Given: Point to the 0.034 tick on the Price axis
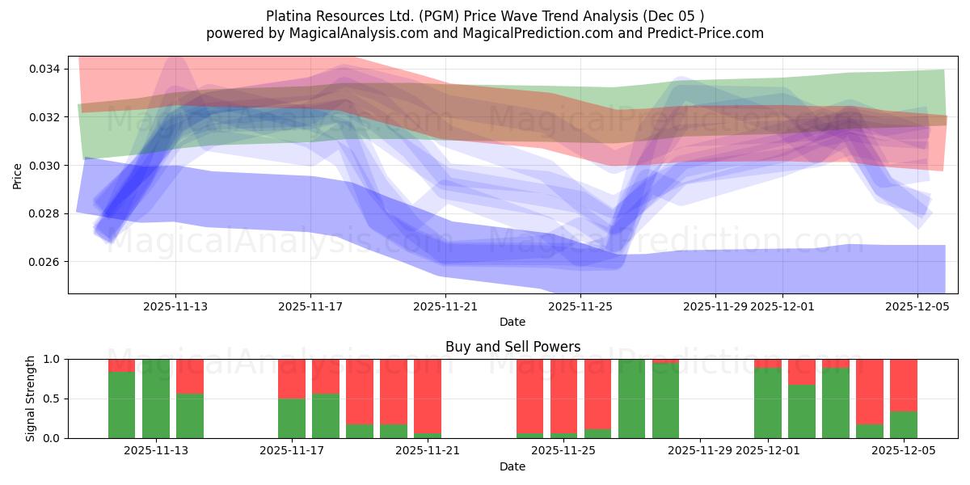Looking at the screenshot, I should [x=45, y=69].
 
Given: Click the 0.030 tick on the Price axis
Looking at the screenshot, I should [x=45, y=166].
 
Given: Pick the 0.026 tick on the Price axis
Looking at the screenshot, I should [x=45, y=262].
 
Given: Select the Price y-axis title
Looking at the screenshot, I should [x=18, y=175].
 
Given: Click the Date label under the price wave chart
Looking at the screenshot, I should [x=512, y=322].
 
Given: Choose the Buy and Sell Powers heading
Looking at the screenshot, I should [x=512, y=347].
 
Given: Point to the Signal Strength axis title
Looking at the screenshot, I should [x=30, y=399].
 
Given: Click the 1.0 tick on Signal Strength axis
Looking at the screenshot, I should [x=52, y=359].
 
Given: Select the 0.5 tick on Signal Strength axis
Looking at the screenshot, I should [x=52, y=399].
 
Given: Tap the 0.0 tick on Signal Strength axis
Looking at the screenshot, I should [x=52, y=438].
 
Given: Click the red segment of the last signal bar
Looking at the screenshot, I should [x=904, y=385].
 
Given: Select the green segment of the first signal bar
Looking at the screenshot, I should [x=122, y=405].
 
